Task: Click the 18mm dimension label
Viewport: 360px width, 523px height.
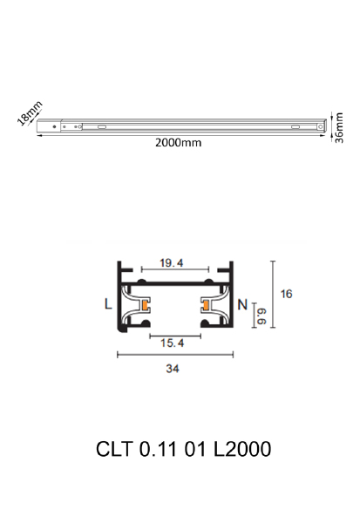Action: [x=30, y=114]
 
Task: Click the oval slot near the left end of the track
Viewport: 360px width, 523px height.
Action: [x=103, y=127]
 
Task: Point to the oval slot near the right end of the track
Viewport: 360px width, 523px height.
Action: [x=292, y=127]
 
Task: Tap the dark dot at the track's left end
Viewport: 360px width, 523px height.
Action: [x=56, y=127]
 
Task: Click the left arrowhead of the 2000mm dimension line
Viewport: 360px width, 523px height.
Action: [x=40, y=135]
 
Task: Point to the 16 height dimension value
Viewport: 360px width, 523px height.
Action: [x=287, y=294]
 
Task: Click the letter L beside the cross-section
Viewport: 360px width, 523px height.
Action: [x=107, y=305]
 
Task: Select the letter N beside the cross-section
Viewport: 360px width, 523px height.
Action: [x=243, y=305]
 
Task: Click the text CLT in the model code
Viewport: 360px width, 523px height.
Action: [x=114, y=451]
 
